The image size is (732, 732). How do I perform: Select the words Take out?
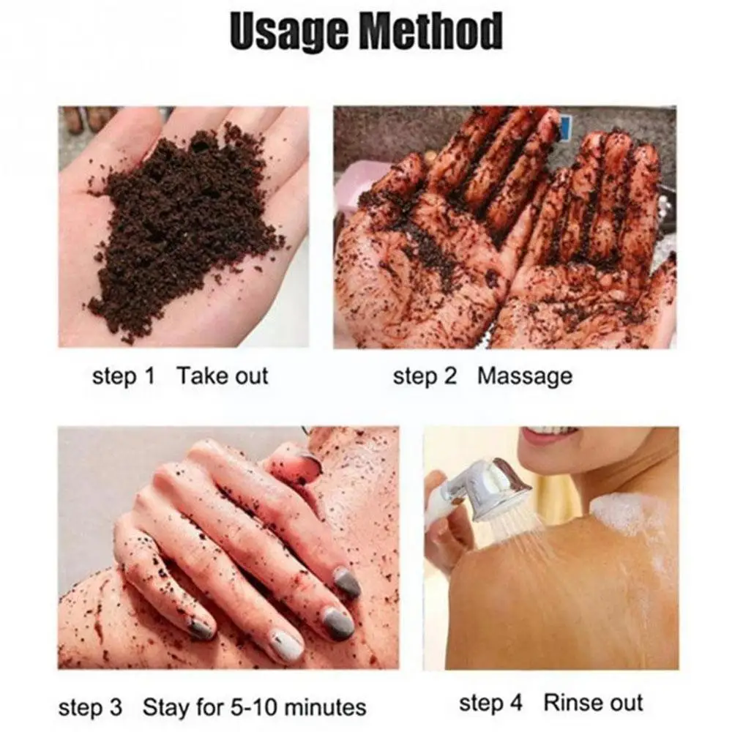click(223, 377)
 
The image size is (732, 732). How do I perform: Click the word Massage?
click(525, 377)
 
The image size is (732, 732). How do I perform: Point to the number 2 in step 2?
click(449, 377)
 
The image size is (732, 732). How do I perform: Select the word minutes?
click(325, 707)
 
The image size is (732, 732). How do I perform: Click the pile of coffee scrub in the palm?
click(183, 227)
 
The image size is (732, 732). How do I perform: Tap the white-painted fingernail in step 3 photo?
click(288, 644)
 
